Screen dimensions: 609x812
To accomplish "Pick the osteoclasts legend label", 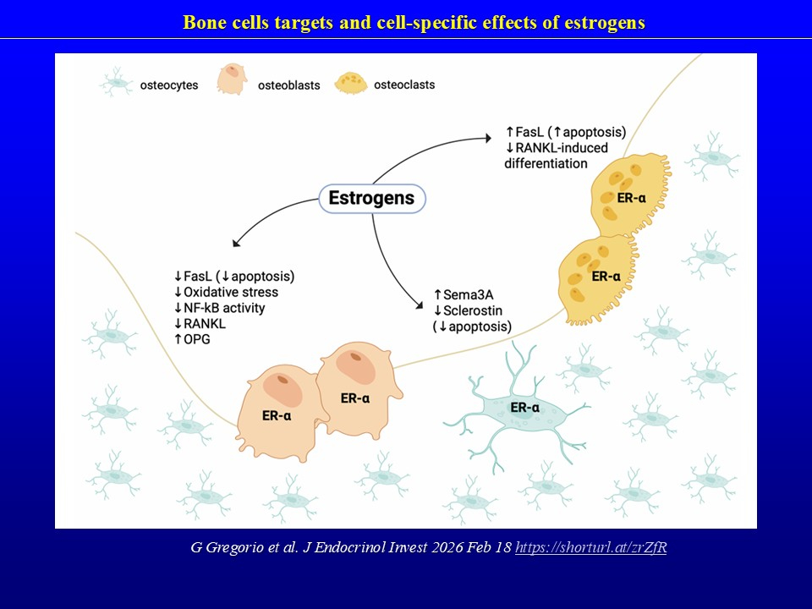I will pos(404,85).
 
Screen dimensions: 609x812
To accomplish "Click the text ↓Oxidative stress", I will pos(226,292).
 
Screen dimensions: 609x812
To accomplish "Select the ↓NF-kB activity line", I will pos(219,308).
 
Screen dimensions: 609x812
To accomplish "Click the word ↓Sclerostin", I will pos(467,310).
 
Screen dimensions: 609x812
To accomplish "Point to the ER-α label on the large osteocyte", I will pos(524,409).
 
